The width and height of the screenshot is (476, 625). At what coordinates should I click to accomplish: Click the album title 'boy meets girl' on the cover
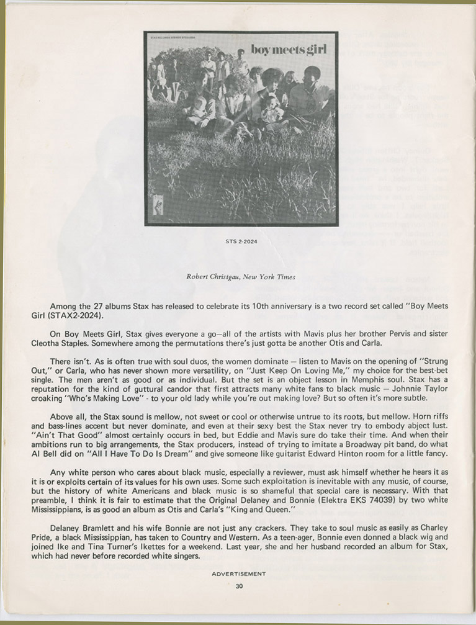(288, 49)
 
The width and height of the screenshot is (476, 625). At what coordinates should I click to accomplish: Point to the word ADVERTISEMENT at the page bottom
(238, 574)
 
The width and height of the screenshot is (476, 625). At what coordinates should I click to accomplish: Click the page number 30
(239, 585)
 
